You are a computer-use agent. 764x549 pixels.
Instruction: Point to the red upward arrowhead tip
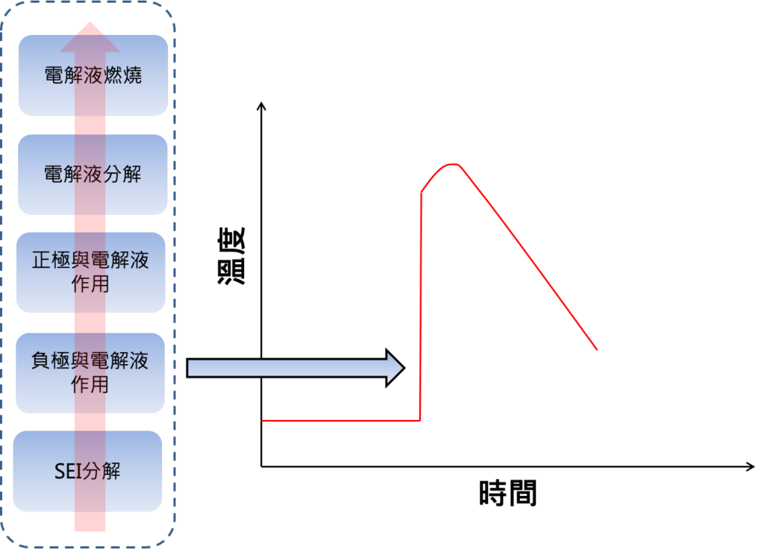coord(90,24)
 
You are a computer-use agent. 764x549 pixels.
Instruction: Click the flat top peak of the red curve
coord(451,165)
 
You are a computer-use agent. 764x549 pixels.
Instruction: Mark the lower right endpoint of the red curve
coord(596,349)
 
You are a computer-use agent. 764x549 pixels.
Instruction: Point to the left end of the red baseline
coord(264,421)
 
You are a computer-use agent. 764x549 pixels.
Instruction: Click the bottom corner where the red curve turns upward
coord(420,420)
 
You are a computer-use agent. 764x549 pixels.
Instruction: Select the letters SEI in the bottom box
coord(68,472)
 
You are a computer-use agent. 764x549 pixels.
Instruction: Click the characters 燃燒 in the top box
coord(125,75)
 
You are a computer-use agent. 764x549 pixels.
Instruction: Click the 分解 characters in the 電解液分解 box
coord(125,175)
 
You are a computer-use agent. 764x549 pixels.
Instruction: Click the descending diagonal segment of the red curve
coord(530,257)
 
